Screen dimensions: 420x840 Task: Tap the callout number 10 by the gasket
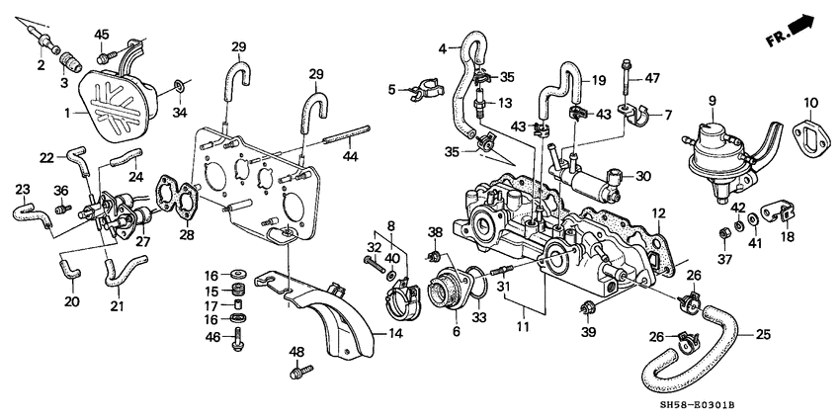point(809,103)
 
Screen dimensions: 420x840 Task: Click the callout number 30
point(643,178)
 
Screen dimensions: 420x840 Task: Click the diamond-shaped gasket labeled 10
point(808,132)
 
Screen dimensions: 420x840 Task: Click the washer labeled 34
point(178,84)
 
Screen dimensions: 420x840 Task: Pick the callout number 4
point(443,44)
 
